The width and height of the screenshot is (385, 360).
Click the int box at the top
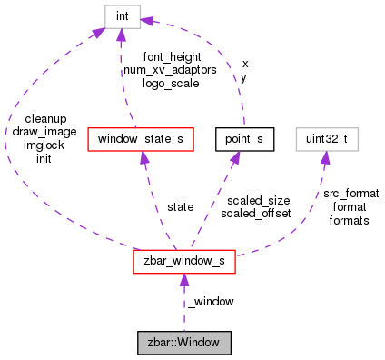[121, 17]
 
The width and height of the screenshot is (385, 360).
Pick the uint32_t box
[323, 139]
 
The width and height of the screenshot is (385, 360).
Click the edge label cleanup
[44, 119]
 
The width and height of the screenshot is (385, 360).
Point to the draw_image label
[44, 132]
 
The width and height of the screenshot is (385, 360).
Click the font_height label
[172, 57]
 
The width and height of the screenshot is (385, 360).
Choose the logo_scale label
[172, 83]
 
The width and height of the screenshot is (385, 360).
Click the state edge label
[181, 207]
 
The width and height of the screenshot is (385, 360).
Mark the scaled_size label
[258, 201]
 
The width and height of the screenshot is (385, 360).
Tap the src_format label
[349, 194]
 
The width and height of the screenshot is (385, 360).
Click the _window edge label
[211, 302]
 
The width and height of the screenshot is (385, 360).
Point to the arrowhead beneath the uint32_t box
[323, 158]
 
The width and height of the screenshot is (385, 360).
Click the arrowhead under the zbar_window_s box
[184, 282]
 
